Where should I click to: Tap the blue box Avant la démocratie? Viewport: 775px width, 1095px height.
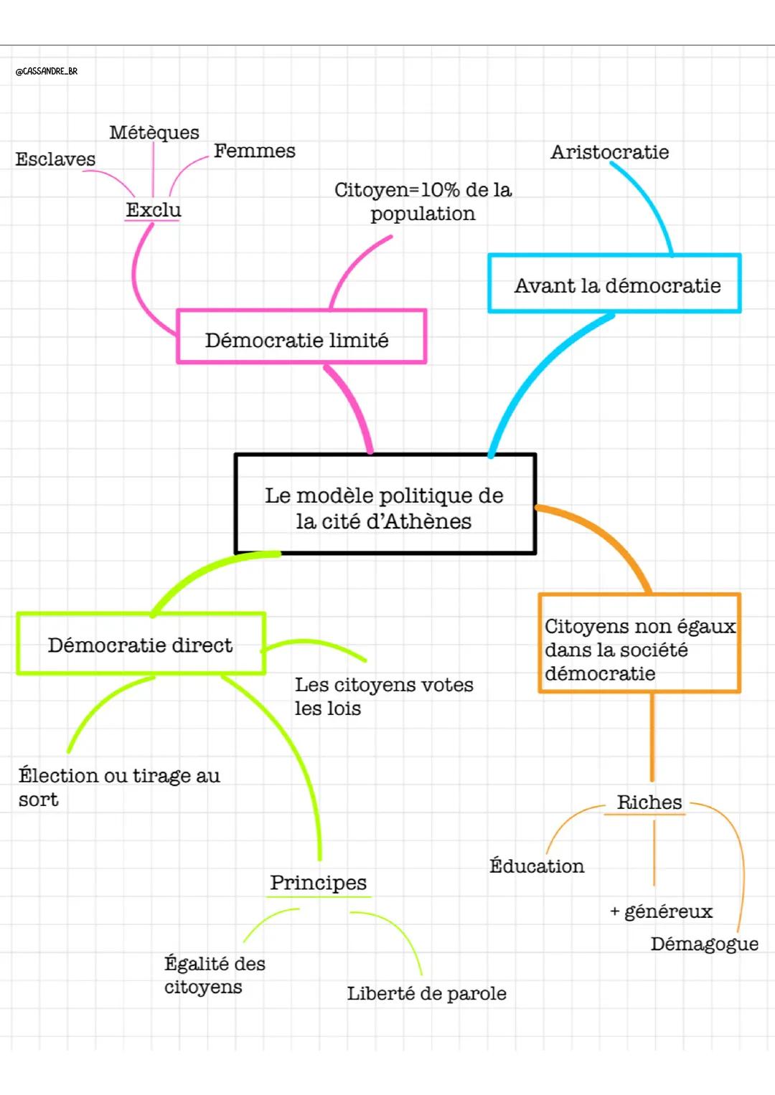[614, 284]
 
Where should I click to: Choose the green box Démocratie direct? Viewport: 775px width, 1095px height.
[141, 644]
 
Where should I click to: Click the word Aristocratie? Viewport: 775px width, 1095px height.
[609, 152]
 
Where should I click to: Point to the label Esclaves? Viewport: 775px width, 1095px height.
[55, 159]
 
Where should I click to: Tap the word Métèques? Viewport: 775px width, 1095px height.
[154, 133]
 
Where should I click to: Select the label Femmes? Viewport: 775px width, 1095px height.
[254, 151]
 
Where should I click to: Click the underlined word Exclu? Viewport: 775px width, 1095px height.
[154, 210]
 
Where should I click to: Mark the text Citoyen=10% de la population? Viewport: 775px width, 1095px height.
[423, 202]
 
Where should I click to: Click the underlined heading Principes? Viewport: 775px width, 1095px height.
[318, 883]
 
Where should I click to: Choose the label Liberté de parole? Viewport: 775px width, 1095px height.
[426, 993]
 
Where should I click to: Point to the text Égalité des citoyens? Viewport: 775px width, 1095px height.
[214, 975]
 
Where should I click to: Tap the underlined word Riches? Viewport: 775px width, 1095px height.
[649, 802]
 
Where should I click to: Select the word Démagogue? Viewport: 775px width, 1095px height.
[704, 944]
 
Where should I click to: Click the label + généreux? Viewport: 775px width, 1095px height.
[661, 911]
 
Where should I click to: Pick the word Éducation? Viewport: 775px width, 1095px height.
[537, 866]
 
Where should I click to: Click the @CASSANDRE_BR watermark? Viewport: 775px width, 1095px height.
[47, 71]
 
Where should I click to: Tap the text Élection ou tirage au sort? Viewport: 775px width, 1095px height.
[119, 787]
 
